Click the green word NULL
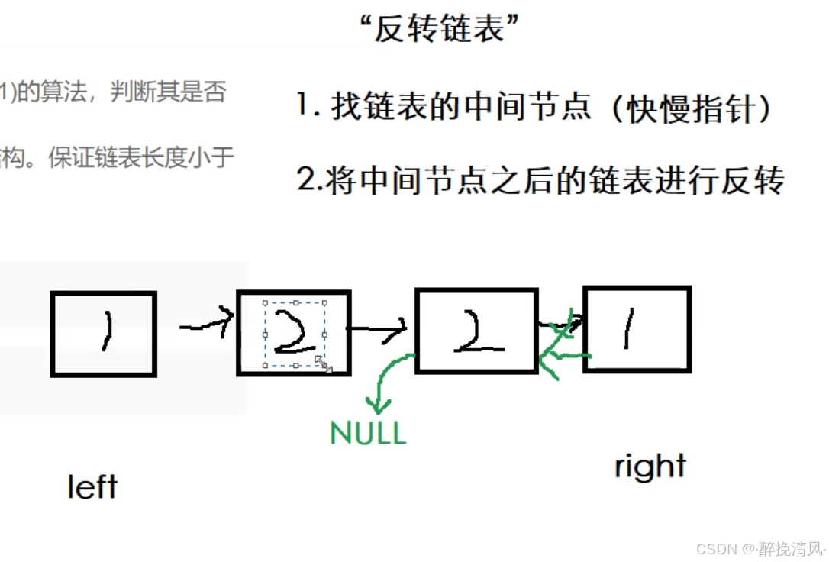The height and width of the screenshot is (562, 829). tap(368, 433)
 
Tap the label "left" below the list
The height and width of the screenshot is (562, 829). tap(92, 486)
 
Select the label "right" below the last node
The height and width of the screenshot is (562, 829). tap(650, 467)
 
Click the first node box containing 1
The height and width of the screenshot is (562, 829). tap(103, 334)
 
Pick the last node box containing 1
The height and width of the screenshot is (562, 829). tap(637, 329)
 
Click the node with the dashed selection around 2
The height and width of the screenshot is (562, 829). tap(294, 333)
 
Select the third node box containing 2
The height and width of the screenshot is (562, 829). tap(476, 330)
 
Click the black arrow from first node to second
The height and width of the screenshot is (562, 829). tap(205, 325)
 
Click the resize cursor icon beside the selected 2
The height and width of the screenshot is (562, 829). tap(324, 364)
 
